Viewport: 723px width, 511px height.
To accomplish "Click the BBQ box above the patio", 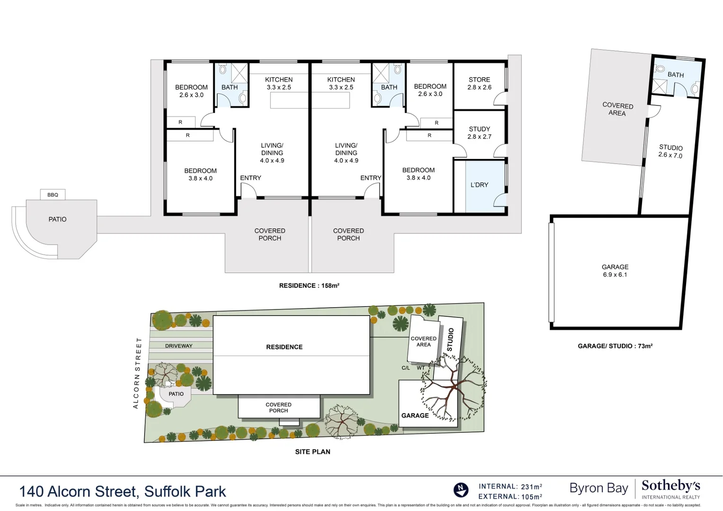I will coord(53,194).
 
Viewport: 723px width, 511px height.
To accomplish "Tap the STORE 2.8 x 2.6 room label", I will coord(479,83).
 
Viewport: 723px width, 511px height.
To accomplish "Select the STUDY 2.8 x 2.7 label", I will coord(479,132).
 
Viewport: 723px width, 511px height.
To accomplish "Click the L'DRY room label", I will coord(479,185).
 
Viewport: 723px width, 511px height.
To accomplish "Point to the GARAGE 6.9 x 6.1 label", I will coord(615,271).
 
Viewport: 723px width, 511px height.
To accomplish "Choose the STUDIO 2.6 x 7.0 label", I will coord(670,151).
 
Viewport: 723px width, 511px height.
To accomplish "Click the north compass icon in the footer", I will coord(461,490).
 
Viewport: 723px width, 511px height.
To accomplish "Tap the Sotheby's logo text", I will coord(670,486).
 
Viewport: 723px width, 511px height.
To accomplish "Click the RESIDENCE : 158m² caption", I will coord(309,286).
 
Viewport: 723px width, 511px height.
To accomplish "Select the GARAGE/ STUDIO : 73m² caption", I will coord(615,346).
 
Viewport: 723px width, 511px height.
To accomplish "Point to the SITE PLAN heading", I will coord(312,452).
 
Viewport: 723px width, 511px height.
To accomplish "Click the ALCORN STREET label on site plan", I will coord(137,373).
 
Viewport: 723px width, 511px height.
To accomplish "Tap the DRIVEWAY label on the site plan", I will coord(178,346).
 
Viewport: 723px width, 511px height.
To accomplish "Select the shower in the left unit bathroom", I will coord(239,72).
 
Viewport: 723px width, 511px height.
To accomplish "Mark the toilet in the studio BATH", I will coord(694,89).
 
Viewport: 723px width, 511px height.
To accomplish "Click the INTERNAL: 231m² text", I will coord(510,486).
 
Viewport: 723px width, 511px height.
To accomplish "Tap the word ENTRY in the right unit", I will coord(370,178).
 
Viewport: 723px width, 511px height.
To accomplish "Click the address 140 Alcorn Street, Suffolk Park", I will coord(123,492).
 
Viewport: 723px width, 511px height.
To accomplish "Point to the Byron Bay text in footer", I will coord(599,488).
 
